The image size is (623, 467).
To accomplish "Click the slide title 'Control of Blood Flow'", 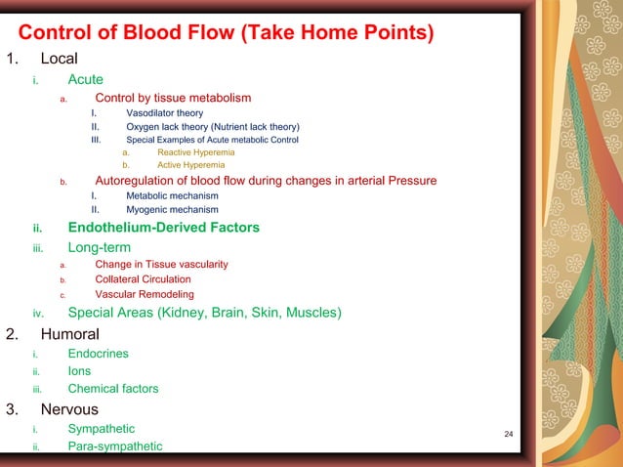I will (227, 31).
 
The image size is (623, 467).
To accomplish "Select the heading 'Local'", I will (59, 59).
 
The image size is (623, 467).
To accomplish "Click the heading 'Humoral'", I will (69, 334).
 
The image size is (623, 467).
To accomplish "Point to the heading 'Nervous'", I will (69, 409).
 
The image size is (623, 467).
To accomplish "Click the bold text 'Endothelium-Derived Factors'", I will (163, 228).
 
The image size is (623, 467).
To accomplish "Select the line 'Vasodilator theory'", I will (164, 113).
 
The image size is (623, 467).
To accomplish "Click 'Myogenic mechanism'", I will (172, 209).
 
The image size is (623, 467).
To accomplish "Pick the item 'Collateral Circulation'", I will (143, 278).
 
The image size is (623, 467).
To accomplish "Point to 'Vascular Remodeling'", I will (144, 294).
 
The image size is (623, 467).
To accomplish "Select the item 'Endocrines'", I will (98, 354).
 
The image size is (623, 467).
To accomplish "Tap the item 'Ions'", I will (79, 371).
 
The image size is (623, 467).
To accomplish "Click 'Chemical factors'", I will (112, 389).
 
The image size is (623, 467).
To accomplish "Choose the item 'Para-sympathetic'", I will (114, 446).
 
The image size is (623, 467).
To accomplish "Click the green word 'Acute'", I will (85, 79).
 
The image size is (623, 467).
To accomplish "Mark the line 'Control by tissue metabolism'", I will (173, 98).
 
